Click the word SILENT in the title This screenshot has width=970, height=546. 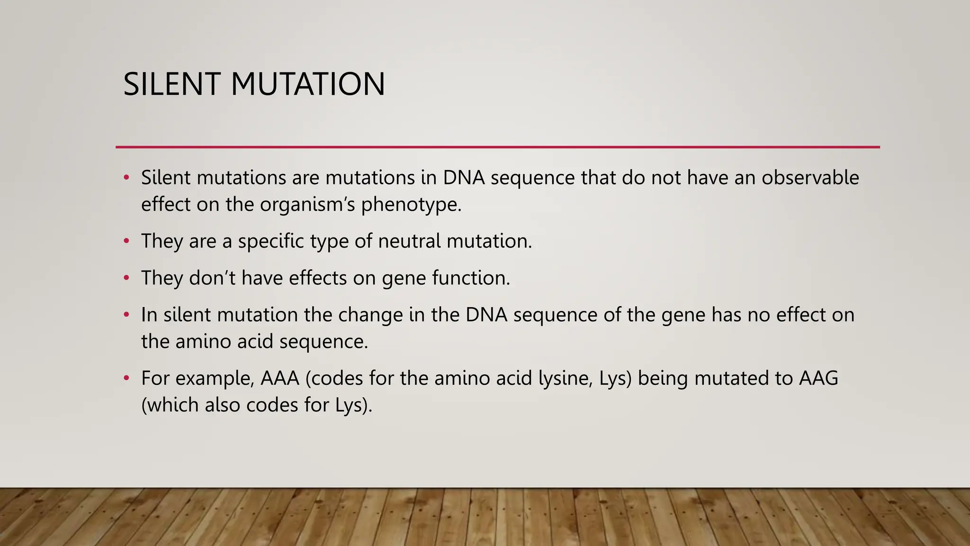tap(171, 84)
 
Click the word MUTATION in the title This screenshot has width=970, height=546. tap(308, 84)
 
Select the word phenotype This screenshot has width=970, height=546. tap(411, 205)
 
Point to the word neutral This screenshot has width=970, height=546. tap(409, 241)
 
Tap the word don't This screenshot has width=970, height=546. tap(212, 278)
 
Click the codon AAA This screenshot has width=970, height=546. tap(279, 378)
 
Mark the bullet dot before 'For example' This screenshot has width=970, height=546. tap(126, 378)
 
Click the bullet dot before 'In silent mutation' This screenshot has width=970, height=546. tap(126, 315)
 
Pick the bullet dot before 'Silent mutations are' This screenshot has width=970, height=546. tap(126, 178)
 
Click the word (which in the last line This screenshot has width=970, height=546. tap(170, 405)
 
